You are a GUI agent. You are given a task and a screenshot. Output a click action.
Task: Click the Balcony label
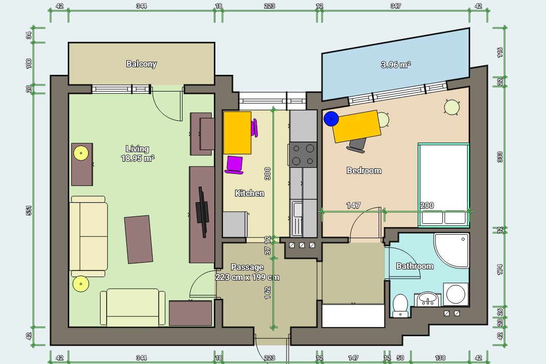point(142,64)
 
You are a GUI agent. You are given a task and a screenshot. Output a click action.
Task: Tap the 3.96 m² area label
point(395,64)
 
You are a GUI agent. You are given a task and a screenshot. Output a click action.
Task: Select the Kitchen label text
point(249,193)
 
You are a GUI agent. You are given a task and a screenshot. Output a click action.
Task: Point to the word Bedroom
point(364,170)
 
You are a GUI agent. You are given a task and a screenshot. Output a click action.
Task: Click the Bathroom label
point(415,266)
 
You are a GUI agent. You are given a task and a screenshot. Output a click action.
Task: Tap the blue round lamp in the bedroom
point(331,119)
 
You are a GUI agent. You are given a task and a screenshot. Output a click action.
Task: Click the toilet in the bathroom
point(400,305)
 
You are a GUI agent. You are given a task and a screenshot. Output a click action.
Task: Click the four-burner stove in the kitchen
point(303,154)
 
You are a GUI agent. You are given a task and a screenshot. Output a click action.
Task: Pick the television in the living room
point(202,212)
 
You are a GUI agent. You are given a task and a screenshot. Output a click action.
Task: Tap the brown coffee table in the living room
point(139,239)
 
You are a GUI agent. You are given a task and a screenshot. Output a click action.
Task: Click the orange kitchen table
point(237,133)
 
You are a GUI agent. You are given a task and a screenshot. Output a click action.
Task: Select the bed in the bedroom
point(443,185)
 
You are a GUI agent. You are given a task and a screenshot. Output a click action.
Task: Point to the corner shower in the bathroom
point(451,250)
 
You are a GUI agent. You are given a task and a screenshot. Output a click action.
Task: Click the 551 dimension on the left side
point(29,210)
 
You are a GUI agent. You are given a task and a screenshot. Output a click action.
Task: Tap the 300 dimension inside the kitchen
point(267,173)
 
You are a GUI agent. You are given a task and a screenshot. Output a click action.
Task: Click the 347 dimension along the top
point(395,6)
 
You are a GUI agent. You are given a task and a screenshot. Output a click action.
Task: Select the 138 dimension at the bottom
point(440,358)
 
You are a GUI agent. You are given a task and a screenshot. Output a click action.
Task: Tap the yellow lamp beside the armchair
point(81,284)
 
